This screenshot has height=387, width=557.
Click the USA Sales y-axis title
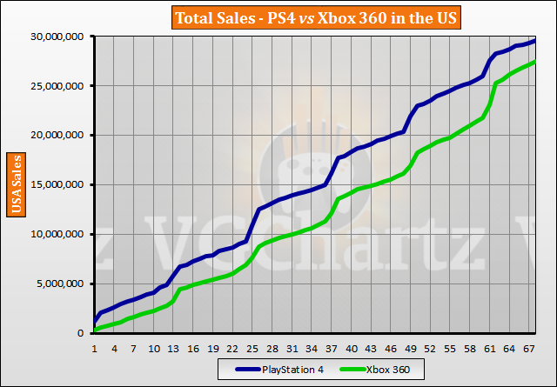(15, 184)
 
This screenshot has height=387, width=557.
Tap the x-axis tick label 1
(94, 347)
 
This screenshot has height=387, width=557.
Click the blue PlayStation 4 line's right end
(534, 40)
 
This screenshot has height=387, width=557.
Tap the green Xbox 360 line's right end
(534, 62)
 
